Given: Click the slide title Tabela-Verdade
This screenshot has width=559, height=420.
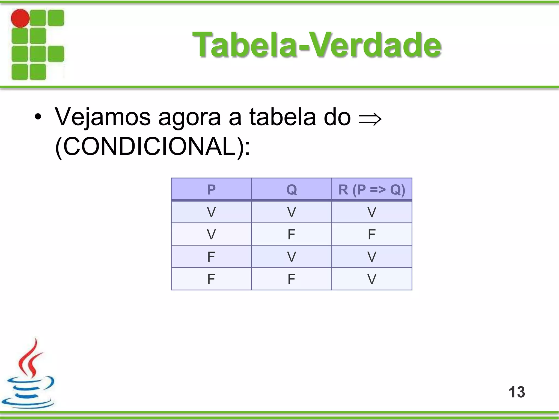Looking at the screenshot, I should pos(317,45).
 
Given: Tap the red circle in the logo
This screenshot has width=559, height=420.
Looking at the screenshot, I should pos(20,18).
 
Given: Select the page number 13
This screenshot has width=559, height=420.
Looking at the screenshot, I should pos(517,392).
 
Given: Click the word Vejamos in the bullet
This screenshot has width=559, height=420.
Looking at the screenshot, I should pos(103,117).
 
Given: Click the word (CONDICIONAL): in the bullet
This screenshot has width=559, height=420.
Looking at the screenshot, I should pos(152,147).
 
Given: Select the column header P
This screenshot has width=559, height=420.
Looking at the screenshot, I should pos(211,189).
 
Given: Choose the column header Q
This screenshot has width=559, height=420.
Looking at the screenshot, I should pos(292,189).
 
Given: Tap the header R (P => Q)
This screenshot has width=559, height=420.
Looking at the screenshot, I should pos(372,189).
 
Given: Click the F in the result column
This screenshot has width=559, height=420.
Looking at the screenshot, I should pos(372,234).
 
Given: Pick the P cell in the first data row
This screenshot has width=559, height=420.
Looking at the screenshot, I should pos(211,212).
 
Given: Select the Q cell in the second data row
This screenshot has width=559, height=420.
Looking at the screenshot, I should pos(292,234).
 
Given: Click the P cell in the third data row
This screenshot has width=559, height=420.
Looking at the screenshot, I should pos(211,257).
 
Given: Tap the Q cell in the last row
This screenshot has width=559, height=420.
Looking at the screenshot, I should pos(292,279).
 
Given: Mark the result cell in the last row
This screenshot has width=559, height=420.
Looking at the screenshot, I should pos(372,279).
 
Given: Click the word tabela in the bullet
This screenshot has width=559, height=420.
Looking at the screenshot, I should pos(283,117).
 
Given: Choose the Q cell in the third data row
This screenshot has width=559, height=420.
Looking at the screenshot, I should pos(292,257).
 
